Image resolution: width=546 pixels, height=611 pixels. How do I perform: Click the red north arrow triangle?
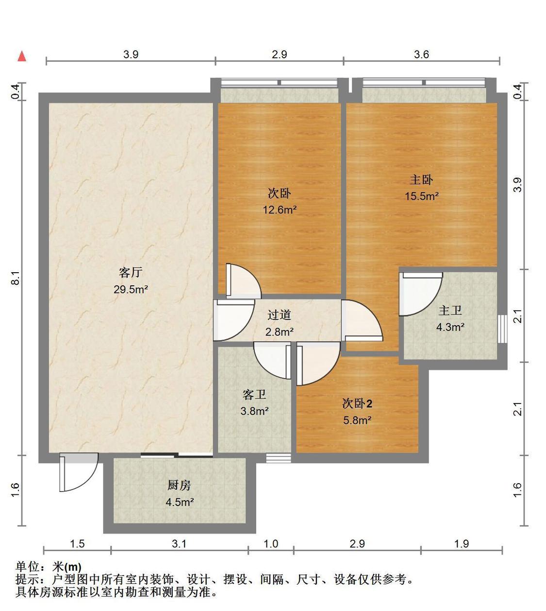[x=22, y=56]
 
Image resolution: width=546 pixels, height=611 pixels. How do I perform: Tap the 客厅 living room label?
[x=131, y=273]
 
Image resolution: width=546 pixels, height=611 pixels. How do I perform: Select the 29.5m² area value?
[x=131, y=290]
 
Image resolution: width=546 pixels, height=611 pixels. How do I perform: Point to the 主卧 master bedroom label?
[x=421, y=180]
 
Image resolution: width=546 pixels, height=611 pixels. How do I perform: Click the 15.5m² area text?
[x=422, y=196]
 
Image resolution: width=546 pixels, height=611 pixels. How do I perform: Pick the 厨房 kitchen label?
[x=179, y=485]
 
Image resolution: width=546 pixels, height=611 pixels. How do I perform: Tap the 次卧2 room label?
[x=357, y=403]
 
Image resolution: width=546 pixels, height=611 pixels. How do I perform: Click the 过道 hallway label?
[x=279, y=315]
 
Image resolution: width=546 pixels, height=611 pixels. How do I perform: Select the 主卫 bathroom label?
[x=450, y=310]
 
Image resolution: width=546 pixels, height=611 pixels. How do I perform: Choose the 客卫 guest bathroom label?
[x=254, y=395]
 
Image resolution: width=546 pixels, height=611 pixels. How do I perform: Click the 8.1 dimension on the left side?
[x=16, y=278]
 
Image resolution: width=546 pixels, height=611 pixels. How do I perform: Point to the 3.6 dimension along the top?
[x=421, y=54]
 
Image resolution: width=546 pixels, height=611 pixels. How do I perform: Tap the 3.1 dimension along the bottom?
[x=179, y=544]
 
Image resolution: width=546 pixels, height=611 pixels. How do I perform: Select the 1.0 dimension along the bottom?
[x=271, y=544]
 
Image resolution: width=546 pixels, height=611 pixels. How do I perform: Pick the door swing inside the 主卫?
[x=421, y=294]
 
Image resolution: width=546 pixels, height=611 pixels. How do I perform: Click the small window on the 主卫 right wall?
[x=502, y=329]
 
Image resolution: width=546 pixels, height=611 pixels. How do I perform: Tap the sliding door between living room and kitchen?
[x=177, y=455]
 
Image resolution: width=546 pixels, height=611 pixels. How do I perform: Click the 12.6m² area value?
[x=280, y=209]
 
